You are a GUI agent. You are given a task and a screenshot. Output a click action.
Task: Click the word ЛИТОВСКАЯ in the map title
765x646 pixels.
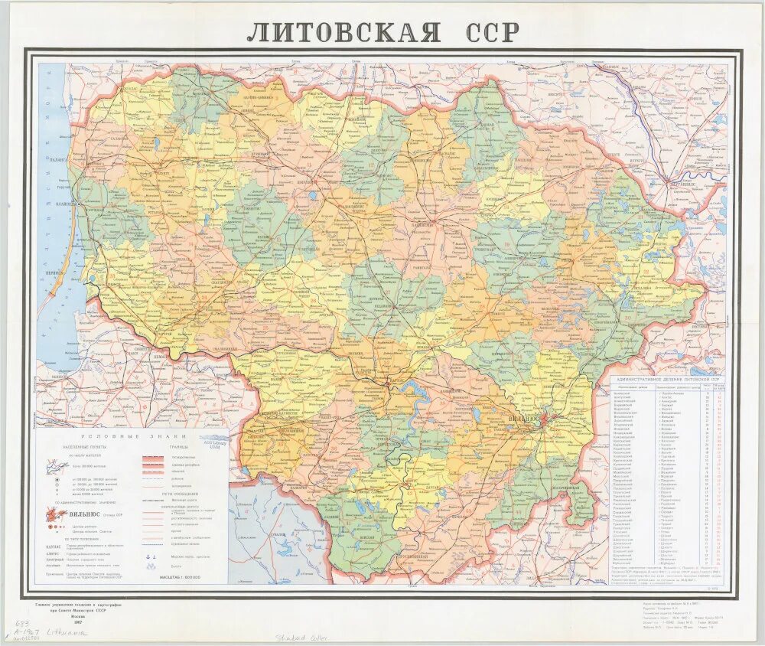coord(343,31)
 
